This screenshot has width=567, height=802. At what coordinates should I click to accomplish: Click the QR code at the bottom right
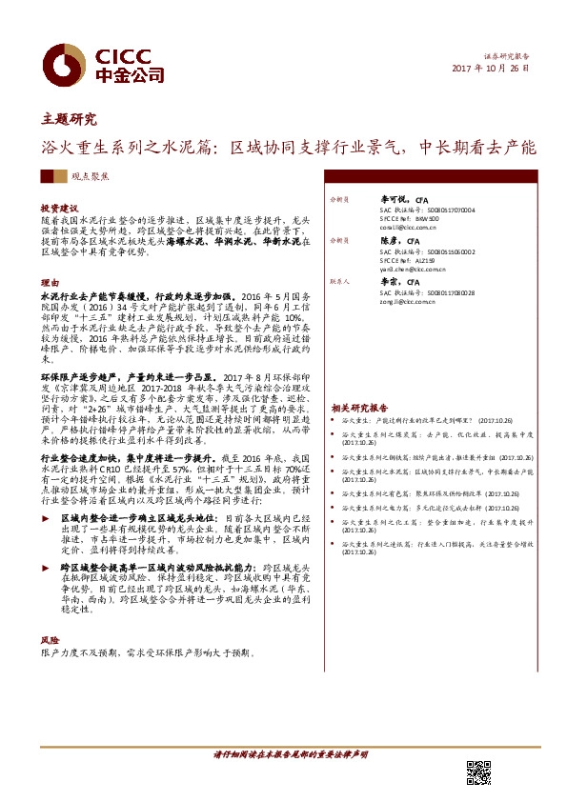coord(477,773)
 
